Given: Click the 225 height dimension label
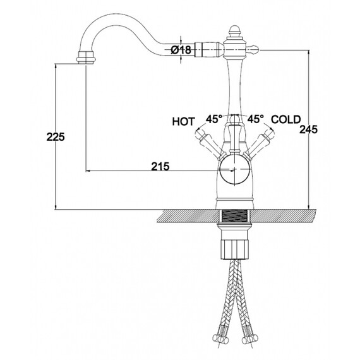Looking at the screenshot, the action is (x=56, y=137).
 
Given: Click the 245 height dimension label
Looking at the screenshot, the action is (x=308, y=129).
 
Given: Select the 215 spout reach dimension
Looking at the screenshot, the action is (x=160, y=166).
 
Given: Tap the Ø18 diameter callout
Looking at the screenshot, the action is (x=181, y=50).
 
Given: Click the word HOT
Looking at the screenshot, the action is (x=183, y=122).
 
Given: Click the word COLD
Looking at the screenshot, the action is (x=286, y=119).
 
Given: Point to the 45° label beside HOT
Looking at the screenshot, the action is (x=213, y=119).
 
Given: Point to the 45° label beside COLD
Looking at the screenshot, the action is (x=255, y=119).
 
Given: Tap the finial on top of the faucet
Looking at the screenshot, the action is (x=234, y=30).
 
